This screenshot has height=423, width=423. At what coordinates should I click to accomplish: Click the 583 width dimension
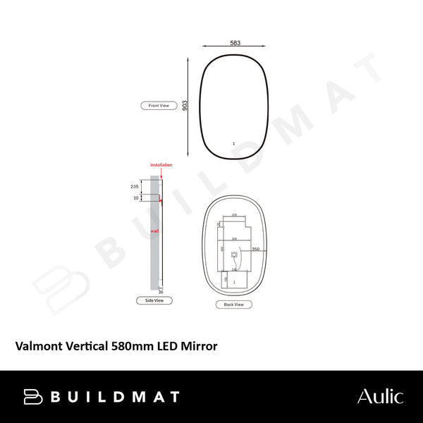pos(235,44)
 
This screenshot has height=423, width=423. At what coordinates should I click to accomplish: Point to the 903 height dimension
pos(185,106)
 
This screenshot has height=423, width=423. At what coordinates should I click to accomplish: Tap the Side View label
pos(154,300)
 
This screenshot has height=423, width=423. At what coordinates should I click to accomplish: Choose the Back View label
pos(233,305)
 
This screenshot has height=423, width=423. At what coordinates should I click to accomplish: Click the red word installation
pos(161,165)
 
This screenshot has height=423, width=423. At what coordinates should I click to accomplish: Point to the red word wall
pos(153,231)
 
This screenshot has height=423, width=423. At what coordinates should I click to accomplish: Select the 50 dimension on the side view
pos(136,199)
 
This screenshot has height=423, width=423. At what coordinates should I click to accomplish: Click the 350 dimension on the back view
pos(255,250)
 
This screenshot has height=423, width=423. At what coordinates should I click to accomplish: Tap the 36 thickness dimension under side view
pos(160,291)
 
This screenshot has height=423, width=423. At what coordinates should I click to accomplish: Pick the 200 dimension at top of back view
pos(234,216)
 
